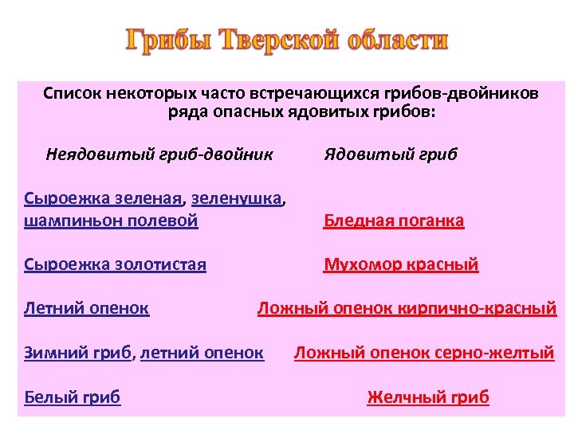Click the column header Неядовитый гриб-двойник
pos(159,154)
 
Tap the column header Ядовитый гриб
pos(391,154)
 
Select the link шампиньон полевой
pos(111,220)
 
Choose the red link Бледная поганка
pos(394,221)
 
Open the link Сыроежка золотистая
pos(116,264)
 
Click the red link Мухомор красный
pos(401,264)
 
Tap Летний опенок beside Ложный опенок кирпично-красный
pos(87,308)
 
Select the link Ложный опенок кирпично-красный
pos(407,308)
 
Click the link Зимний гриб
pos(78,352)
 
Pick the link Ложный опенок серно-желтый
pos(424,352)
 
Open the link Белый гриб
pos(73,397)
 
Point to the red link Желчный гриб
pos(428,397)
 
